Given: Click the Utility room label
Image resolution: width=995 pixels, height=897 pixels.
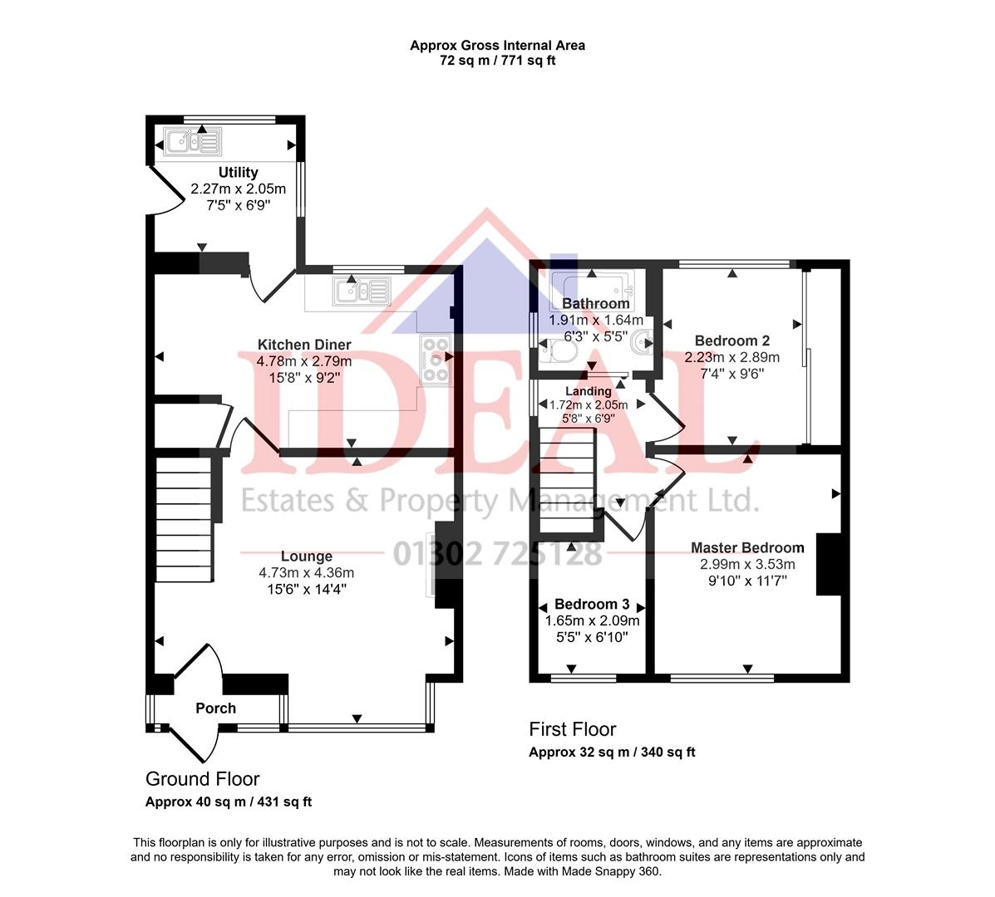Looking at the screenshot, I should click(x=238, y=173).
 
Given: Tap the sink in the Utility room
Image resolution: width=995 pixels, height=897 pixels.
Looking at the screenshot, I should click(x=193, y=142).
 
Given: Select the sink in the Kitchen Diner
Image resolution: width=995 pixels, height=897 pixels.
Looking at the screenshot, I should click(x=362, y=292).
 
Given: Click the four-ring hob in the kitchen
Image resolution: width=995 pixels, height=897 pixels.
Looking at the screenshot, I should click(x=435, y=360).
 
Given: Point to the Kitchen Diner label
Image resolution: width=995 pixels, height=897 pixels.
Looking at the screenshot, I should click(x=303, y=345).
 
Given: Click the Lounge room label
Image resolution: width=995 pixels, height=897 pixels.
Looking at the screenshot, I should click(x=306, y=556).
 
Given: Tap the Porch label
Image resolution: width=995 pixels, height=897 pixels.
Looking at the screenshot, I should click(x=215, y=708).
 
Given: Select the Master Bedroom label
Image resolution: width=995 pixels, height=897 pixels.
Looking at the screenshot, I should click(x=747, y=547).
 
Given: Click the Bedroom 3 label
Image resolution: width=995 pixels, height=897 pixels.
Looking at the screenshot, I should click(x=592, y=605).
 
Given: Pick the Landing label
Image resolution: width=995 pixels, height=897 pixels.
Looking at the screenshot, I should click(x=589, y=391).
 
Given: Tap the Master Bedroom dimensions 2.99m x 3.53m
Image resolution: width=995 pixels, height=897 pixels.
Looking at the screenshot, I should click(x=747, y=564).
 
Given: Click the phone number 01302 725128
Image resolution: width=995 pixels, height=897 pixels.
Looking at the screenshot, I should click(x=497, y=554).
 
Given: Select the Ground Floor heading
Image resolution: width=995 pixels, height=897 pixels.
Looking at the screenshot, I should click(x=202, y=779).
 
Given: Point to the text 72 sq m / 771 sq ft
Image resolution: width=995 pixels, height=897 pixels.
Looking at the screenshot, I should click(x=497, y=61).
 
